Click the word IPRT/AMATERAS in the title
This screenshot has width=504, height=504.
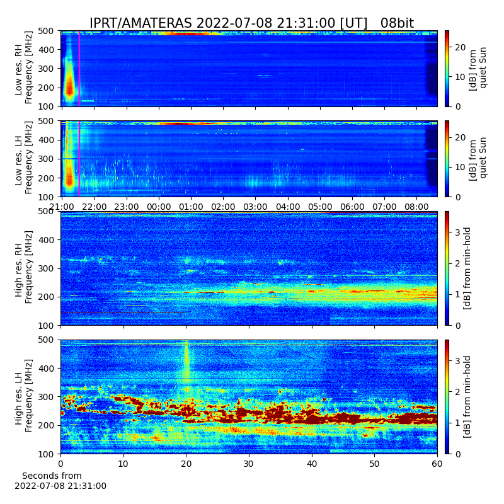pos(140,23)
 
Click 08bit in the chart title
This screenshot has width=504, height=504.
pos(397,23)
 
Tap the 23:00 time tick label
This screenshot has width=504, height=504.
pos(127,207)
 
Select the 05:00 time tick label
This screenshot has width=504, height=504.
pos(320,207)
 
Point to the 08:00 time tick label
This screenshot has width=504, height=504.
pos(416,207)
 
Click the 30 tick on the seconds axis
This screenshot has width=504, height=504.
pos(249,464)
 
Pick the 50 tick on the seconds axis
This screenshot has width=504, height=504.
pos(374,464)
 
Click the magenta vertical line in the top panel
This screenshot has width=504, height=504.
pos(79,69)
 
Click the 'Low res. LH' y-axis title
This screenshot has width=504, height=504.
pos(23,158)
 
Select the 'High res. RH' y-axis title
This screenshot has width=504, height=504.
pos(23,267)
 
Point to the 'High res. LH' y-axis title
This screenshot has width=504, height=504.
pos(23,396)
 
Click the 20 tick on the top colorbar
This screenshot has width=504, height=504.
pos(461,47)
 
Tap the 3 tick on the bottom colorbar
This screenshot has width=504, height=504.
pos(458,360)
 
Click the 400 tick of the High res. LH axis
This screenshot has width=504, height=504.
pos(47,369)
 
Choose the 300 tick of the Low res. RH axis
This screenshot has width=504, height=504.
pos(47,69)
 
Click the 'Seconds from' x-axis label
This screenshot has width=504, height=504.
pos(52,476)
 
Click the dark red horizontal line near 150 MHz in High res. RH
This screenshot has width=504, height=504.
pos(123,312)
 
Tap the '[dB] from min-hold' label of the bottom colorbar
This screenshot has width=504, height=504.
pos(467,397)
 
